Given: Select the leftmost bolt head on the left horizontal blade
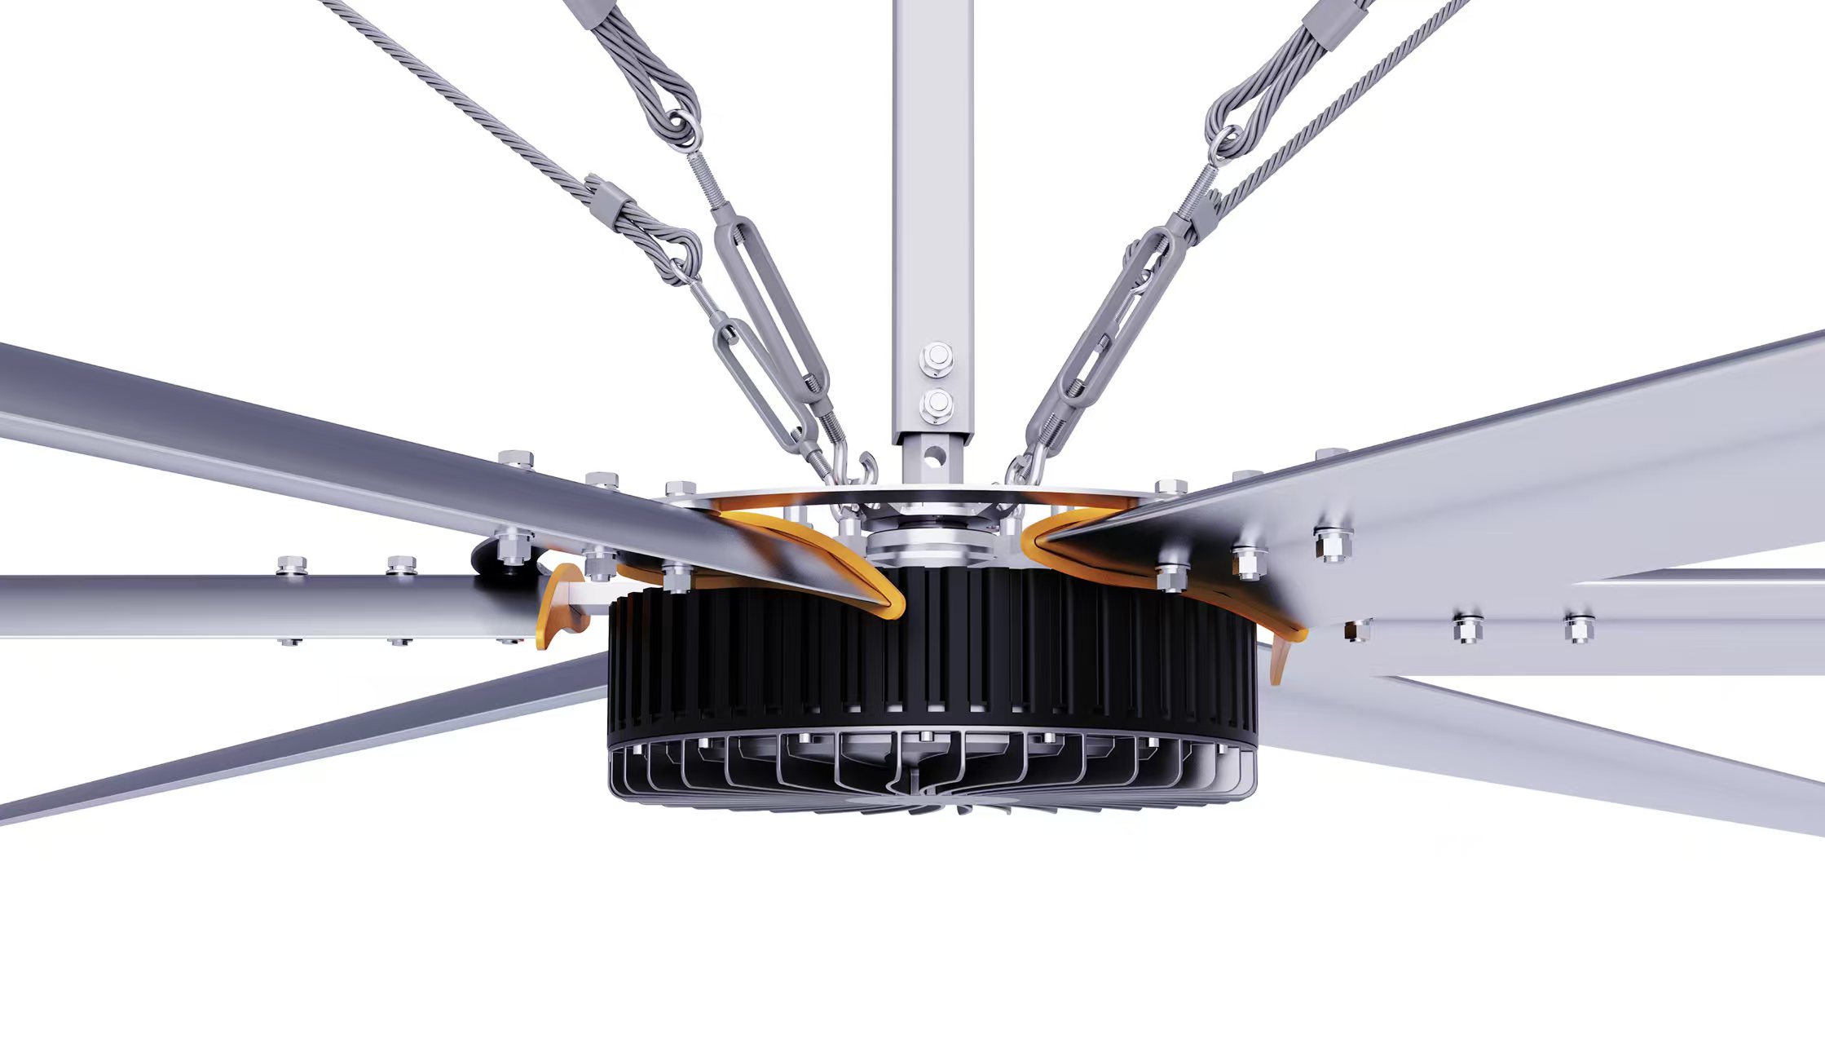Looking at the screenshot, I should pos(292,564).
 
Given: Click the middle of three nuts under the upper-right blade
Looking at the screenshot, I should pos(1248,563).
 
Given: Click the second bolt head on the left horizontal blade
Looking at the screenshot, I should pos(401,564).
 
